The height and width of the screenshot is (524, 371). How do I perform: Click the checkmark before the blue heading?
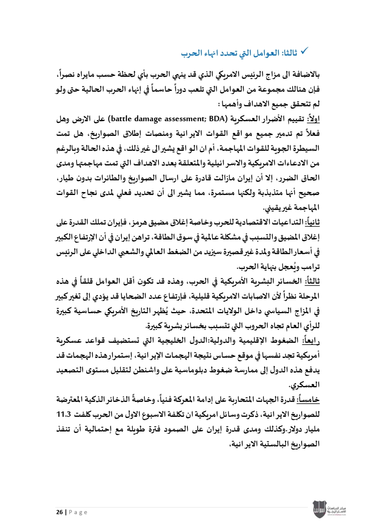[x=304, y=52]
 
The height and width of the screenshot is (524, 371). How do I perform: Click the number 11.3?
[x=63, y=414]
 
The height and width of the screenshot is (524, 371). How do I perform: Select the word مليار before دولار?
[x=311, y=430]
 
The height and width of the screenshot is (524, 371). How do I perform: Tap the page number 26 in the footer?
[x=59, y=512]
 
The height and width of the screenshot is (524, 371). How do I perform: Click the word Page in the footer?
[x=78, y=512]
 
